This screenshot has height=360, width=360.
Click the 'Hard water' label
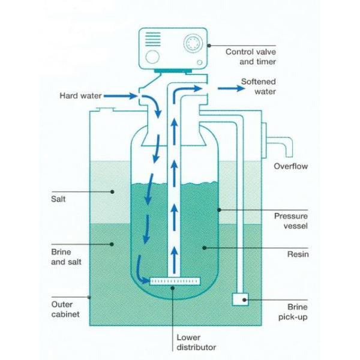[x=80, y=95]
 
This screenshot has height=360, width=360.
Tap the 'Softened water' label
[x=258, y=86]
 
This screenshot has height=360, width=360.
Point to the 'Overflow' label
[x=290, y=166]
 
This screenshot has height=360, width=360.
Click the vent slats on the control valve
[x=153, y=40]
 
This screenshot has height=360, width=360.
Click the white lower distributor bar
[x=174, y=281]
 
